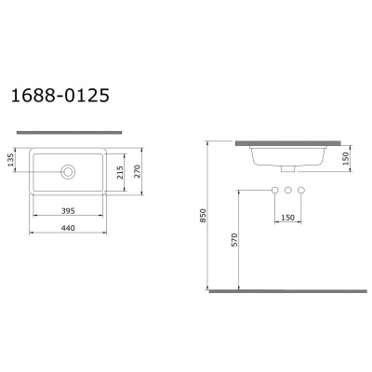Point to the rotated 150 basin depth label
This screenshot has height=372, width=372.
coord(346,158)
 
